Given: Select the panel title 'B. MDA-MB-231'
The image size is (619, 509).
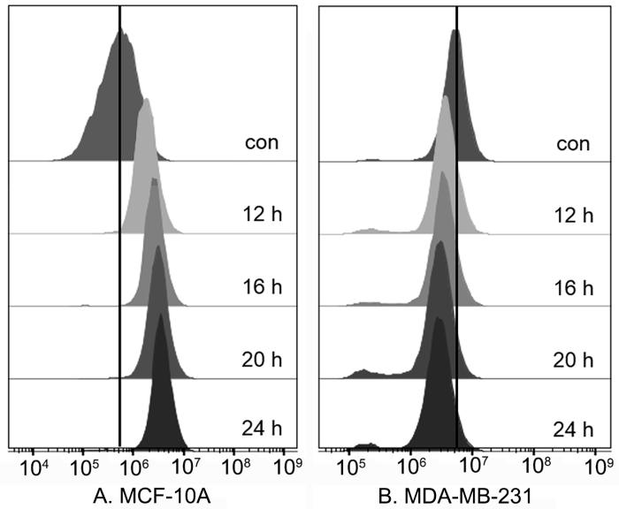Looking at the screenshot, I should [466, 494].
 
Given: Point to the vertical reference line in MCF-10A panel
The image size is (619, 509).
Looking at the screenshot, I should [119, 265].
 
